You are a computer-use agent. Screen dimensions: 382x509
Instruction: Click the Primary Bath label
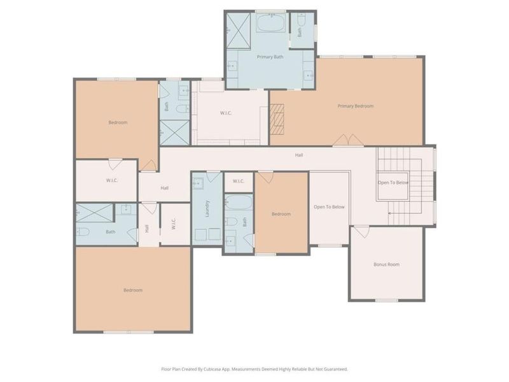coord(270,57)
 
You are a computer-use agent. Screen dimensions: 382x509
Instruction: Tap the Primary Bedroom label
coord(355,106)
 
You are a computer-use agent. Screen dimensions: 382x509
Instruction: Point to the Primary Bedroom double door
coord(349,140)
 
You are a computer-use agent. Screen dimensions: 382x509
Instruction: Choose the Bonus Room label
coord(386,264)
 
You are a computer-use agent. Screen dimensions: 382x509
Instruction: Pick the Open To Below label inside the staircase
coord(393,183)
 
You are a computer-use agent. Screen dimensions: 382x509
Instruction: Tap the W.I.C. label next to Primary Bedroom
coord(225,113)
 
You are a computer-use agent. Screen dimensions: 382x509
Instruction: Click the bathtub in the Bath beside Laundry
coord(239,204)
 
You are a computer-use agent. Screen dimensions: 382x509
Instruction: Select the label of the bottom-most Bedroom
coord(133,290)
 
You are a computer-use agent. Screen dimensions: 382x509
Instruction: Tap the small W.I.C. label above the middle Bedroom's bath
coord(238,181)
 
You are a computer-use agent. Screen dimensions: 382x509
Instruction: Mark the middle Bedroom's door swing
coord(265,177)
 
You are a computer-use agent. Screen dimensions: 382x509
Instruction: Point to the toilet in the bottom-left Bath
coord(81,232)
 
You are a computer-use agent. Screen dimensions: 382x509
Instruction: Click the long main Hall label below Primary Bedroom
coord(298,155)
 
